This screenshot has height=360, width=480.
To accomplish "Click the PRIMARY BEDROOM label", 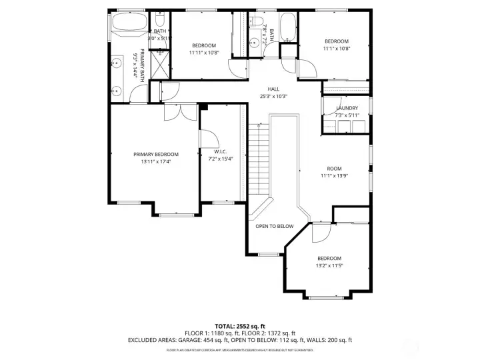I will coord(155,154).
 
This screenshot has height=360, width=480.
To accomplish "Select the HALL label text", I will coord(273,89).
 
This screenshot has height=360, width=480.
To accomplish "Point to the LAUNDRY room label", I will coord(347,108).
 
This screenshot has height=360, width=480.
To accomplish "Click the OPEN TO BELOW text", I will coord(274,227).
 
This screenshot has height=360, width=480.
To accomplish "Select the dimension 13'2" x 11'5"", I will coord(329,266).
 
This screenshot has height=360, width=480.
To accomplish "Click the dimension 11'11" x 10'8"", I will coord(203,53).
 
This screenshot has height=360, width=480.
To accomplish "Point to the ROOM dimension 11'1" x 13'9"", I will coord(334,176).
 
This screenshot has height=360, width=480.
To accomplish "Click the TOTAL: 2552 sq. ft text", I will coord(240,325).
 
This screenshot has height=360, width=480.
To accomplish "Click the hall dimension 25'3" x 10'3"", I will coord(273,97).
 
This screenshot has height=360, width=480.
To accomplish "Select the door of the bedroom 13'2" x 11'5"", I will coord(321,232).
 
